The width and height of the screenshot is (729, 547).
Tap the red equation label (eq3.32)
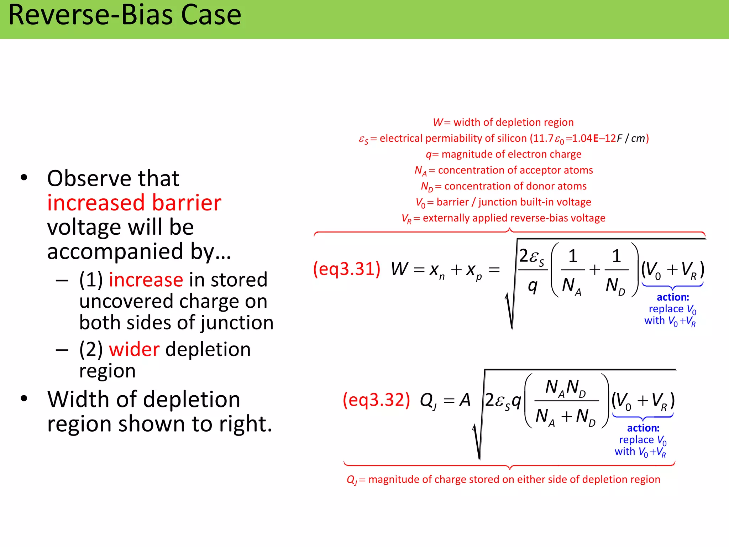[x=376, y=400]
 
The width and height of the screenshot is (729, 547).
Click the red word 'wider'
[x=134, y=349]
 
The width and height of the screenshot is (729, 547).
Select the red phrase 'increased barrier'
[x=134, y=203]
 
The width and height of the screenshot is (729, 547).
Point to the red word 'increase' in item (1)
[x=146, y=280]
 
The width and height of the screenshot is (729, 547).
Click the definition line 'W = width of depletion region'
[x=503, y=123]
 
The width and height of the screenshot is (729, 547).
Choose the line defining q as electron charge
[x=503, y=154]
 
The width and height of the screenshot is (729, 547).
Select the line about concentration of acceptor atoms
[x=503, y=170]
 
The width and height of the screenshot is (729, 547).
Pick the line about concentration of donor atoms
[x=503, y=186]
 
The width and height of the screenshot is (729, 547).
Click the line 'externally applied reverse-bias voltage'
[x=503, y=218]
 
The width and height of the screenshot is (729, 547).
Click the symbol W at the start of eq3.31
[x=399, y=269]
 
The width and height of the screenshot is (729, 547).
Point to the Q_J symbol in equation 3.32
[x=428, y=401]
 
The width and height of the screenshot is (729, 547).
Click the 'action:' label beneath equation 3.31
[x=673, y=297]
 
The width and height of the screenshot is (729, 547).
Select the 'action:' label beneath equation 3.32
[x=643, y=428]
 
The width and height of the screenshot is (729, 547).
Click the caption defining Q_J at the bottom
[x=503, y=480]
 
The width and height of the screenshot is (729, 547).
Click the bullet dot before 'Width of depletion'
[x=24, y=398]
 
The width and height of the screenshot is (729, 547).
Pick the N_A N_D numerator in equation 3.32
[x=565, y=387]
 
